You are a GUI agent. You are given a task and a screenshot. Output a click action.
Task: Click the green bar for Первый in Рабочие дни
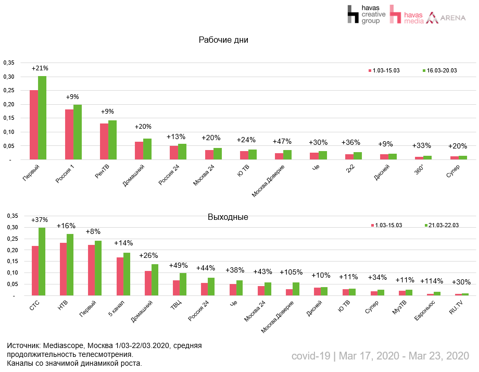42,118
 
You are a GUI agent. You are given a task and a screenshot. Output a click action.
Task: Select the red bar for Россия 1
69,134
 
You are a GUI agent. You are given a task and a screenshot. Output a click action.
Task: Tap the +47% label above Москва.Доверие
283,142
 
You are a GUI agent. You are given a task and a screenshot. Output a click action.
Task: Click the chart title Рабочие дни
223,40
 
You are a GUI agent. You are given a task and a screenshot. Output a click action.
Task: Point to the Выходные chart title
228,217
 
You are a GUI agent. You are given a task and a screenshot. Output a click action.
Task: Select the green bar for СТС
42,262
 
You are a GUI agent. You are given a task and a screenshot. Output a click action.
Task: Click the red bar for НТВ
63,269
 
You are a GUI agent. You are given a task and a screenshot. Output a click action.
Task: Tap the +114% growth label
431,282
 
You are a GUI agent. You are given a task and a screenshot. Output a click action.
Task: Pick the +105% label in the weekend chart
292,272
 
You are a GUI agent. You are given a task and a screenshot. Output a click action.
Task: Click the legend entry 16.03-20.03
441,70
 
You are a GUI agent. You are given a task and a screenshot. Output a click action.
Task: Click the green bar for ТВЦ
183,284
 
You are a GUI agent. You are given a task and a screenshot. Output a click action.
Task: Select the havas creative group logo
367,15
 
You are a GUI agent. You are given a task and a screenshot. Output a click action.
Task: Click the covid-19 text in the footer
311,356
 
